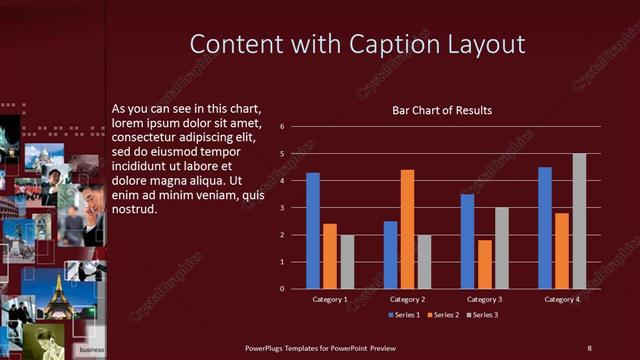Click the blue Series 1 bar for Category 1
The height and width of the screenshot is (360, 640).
313,231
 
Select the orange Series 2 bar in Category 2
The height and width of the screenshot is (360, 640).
407,229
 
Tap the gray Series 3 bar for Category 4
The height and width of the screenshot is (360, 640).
579,221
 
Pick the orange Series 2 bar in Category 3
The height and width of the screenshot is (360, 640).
484,264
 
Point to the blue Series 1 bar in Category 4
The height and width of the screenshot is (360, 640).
545,228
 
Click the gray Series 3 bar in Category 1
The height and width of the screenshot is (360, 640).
347,262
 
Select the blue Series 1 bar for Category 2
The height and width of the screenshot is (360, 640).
390,255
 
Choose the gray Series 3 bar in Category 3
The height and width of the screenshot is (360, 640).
502,248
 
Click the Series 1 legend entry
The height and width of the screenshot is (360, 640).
405,315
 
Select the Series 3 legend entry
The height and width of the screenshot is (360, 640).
483,315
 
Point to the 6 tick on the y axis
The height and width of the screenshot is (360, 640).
283,127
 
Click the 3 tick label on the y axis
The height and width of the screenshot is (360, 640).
283,208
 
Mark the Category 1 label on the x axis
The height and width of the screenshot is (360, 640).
330,299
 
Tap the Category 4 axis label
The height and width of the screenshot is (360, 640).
562,299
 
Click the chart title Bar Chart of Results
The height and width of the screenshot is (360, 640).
441,110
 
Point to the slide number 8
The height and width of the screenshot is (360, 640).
589,347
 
